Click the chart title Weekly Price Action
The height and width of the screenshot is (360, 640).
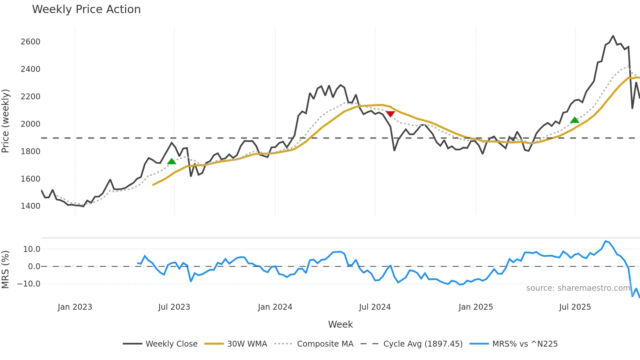pyautogui.click(x=86, y=9)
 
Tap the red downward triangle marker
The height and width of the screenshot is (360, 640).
pyautogui.click(x=390, y=114)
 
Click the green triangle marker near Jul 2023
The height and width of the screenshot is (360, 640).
pyautogui.click(x=171, y=161)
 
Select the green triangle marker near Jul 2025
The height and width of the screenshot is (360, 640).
pyautogui.click(x=575, y=120)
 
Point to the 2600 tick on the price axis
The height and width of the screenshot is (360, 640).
pyautogui.click(x=30, y=42)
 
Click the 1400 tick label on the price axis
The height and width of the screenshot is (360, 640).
pyautogui.click(x=30, y=206)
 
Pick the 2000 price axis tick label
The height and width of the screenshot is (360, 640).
pyautogui.click(x=30, y=124)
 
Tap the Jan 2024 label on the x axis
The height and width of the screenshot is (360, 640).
pyautogui.click(x=275, y=307)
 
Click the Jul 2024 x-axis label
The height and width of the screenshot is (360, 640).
pyautogui.click(x=375, y=307)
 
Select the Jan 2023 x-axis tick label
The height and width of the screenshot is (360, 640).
pyautogui.click(x=75, y=307)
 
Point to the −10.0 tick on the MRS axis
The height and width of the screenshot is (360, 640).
pyautogui.click(x=29, y=284)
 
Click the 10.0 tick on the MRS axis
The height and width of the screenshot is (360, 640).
pyautogui.click(x=32, y=249)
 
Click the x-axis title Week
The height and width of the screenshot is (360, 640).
pyautogui.click(x=340, y=324)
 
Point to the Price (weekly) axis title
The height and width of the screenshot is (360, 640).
pyautogui.click(x=6, y=121)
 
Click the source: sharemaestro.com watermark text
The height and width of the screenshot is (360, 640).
pyautogui.click(x=578, y=288)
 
